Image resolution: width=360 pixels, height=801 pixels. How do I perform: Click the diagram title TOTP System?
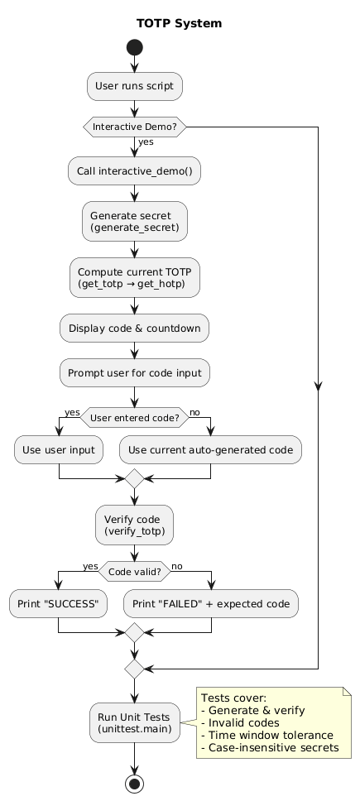pos(180,23)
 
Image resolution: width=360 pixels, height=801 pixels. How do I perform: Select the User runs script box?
pos(134,85)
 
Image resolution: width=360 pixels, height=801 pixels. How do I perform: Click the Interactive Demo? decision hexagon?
pos(134,127)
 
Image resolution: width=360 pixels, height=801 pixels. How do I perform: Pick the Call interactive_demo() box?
pos(134,170)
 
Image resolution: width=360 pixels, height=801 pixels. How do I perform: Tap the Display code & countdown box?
pos(134,329)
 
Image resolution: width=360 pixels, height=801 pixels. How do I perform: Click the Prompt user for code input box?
pos(134,373)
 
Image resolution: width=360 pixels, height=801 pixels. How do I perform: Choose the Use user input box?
pos(59,450)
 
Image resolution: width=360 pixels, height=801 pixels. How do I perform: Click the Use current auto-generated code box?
pos(211,450)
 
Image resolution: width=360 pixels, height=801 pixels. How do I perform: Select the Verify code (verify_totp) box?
pos(134,525)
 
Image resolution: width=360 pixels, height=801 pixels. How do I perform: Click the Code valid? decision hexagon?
pos(134,571)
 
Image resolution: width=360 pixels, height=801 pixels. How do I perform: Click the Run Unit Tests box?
pos(134,722)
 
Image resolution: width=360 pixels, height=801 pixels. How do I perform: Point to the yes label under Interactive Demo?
pos(146,142)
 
